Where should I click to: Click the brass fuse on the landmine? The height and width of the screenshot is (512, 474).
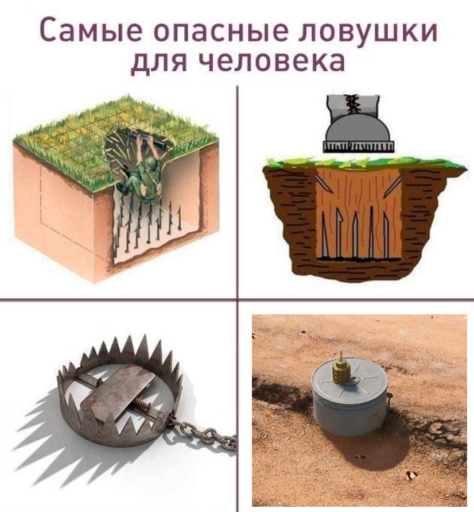click(343, 365)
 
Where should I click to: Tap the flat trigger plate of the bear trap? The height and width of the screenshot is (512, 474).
click(117, 391)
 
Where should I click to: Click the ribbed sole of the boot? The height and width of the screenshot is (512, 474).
click(358, 147)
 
